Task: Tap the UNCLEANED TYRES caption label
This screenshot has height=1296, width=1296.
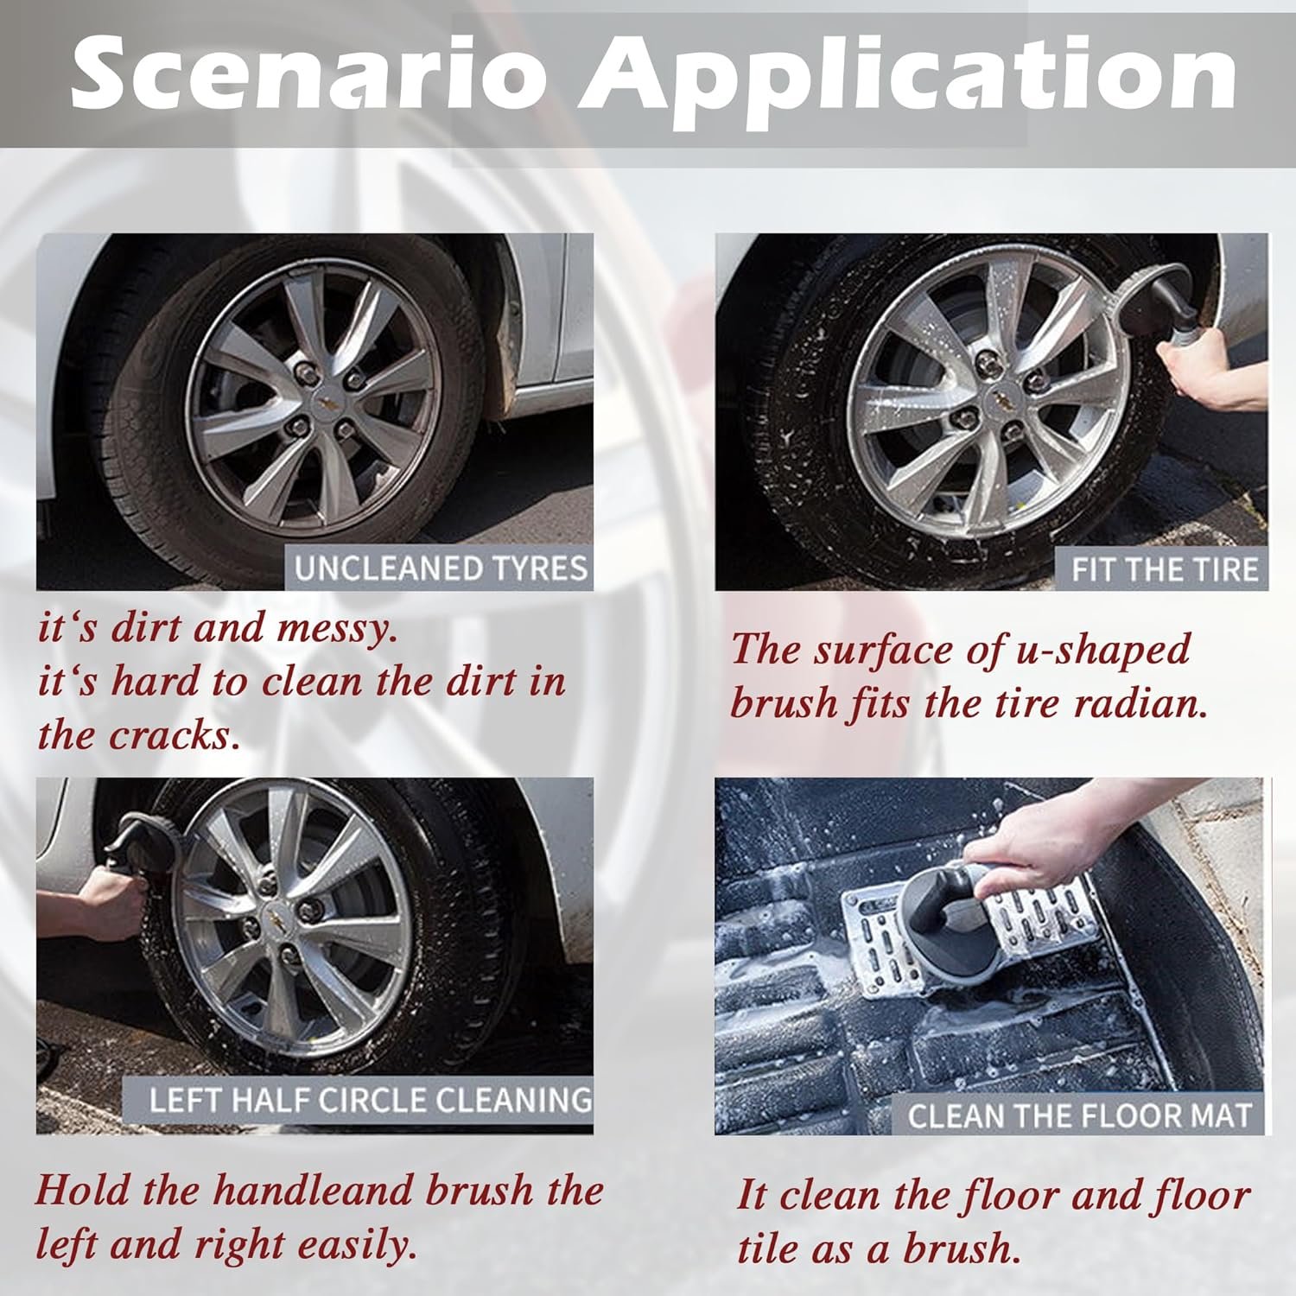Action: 441,569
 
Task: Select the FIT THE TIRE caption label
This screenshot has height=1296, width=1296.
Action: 1164,570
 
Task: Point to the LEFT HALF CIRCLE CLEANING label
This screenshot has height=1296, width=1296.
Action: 370,1101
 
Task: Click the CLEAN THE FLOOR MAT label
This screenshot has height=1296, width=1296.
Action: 1079,1115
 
